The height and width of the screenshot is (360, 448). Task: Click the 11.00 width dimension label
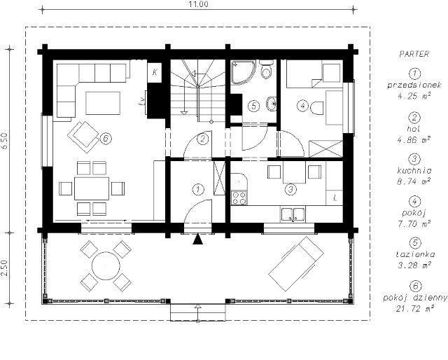pos(198,4)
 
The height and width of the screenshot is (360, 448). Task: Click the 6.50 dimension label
pos(5,141)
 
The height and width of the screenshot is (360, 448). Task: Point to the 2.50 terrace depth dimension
pos(5,268)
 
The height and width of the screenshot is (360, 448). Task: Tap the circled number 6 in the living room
pos(106,139)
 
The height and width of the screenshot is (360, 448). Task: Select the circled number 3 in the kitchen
pos(290,189)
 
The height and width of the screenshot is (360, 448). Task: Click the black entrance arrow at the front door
pos(197,239)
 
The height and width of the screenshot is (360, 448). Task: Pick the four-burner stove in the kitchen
pos(239,198)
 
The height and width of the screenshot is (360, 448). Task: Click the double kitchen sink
pos(293,214)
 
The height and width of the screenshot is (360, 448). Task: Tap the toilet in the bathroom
pos(266,69)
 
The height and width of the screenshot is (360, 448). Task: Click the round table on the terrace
pos(106,266)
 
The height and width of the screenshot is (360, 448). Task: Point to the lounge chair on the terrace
pos(296,263)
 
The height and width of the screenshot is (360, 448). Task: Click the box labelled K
pos(155,72)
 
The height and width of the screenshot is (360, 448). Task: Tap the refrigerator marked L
pos(335,198)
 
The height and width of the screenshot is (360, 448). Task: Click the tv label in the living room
pos(141,102)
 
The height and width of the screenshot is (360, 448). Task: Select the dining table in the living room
pos(92,188)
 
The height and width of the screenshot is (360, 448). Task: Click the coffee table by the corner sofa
pos(103,103)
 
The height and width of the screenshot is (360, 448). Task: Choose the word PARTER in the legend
pos(414,54)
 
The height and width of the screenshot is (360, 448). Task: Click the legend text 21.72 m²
pos(415,309)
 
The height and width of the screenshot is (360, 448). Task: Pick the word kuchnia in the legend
pos(414,171)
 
